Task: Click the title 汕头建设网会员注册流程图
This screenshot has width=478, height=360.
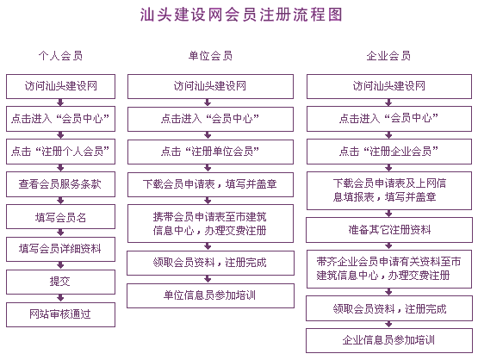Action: point(241,15)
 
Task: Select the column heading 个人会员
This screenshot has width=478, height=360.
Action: point(60,56)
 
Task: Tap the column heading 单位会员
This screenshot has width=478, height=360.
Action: point(210,56)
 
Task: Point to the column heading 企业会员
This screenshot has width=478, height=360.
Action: point(388,56)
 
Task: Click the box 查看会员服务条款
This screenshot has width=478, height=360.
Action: point(60,184)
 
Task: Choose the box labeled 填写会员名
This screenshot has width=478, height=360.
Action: point(60,217)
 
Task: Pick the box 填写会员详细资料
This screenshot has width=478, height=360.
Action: point(60,249)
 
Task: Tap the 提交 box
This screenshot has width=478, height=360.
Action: point(60,282)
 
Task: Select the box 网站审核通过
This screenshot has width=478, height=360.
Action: point(60,314)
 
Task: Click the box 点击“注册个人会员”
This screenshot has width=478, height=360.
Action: point(60,152)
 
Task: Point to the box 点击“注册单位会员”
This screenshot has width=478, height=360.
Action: point(210,152)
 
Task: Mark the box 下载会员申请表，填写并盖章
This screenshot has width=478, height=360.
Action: point(210,184)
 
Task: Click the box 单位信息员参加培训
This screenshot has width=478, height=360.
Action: point(210,295)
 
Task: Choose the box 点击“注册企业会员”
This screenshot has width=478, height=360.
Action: point(389,152)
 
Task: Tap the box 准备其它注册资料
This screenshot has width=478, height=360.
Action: point(389,230)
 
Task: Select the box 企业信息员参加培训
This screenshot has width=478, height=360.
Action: point(389,340)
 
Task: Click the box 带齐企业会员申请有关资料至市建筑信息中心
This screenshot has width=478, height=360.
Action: point(389,269)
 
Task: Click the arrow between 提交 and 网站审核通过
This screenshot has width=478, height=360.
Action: point(60,298)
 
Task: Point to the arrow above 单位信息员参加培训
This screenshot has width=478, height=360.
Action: point(208,279)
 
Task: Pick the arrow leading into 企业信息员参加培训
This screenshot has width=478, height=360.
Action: point(388,325)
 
